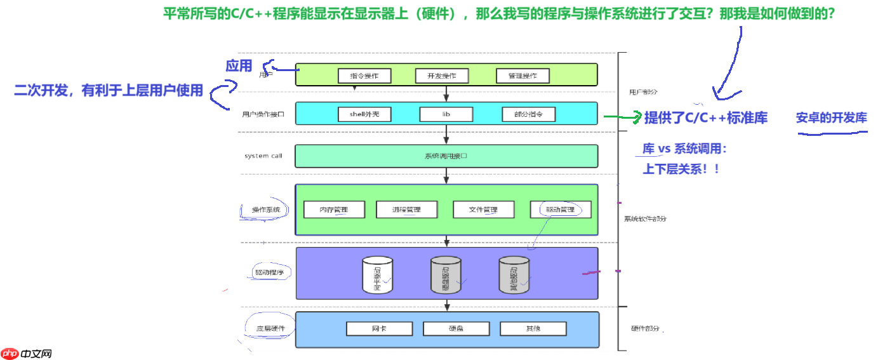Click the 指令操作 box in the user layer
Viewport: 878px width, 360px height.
tap(364, 76)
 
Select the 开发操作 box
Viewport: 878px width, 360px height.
tap(442, 76)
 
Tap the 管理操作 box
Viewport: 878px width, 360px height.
tap(522, 76)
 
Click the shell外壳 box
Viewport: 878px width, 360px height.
tap(364, 114)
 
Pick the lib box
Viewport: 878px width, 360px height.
tap(446, 114)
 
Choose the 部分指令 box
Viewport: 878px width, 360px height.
tap(528, 114)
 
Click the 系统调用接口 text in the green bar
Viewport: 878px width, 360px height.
tap(446, 156)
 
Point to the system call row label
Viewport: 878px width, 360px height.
tap(263, 156)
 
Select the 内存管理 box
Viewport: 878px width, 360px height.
tap(334, 210)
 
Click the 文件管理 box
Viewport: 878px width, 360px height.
tap(484, 210)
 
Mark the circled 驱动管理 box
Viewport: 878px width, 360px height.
tap(560, 210)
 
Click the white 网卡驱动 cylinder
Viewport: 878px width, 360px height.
tap(377, 275)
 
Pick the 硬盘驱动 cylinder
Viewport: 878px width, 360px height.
tap(446, 275)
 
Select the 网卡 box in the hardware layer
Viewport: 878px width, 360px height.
tap(379, 328)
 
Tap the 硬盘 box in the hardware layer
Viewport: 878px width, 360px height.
tap(456, 328)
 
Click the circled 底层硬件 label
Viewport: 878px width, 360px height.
tap(270, 329)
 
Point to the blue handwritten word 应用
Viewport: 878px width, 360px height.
tap(239, 65)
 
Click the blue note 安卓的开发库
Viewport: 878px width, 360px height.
tap(831, 118)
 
